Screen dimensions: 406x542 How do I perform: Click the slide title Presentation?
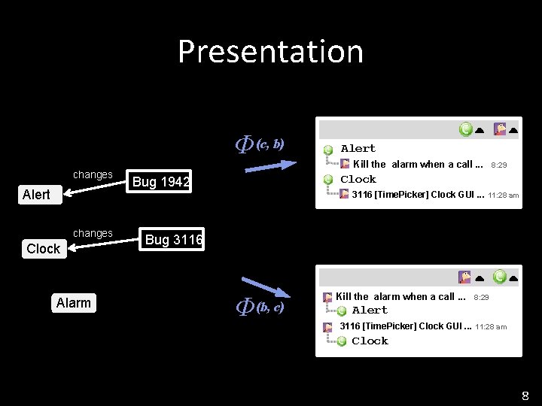[270, 52]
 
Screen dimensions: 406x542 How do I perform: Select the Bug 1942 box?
[160, 181]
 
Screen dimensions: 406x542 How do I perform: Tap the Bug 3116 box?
[173, 240]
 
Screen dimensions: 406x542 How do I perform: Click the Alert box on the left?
[36, 195]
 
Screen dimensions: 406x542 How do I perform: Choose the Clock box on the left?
[43, 249]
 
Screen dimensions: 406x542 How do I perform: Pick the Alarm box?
[73, 303]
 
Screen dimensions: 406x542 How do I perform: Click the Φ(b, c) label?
[260, 307]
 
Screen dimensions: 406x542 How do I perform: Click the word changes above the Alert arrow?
[93, 175]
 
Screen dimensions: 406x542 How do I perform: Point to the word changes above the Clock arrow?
[93, 234]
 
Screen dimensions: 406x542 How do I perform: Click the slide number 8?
[525, 395]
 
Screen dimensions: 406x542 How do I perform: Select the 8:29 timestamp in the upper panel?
[498, 165]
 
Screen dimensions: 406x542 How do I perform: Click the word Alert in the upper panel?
[358, 149]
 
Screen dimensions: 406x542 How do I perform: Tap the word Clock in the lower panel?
[370, 341]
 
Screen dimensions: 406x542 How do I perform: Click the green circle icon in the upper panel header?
[467, 129]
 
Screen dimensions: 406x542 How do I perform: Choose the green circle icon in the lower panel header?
[499, 277]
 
